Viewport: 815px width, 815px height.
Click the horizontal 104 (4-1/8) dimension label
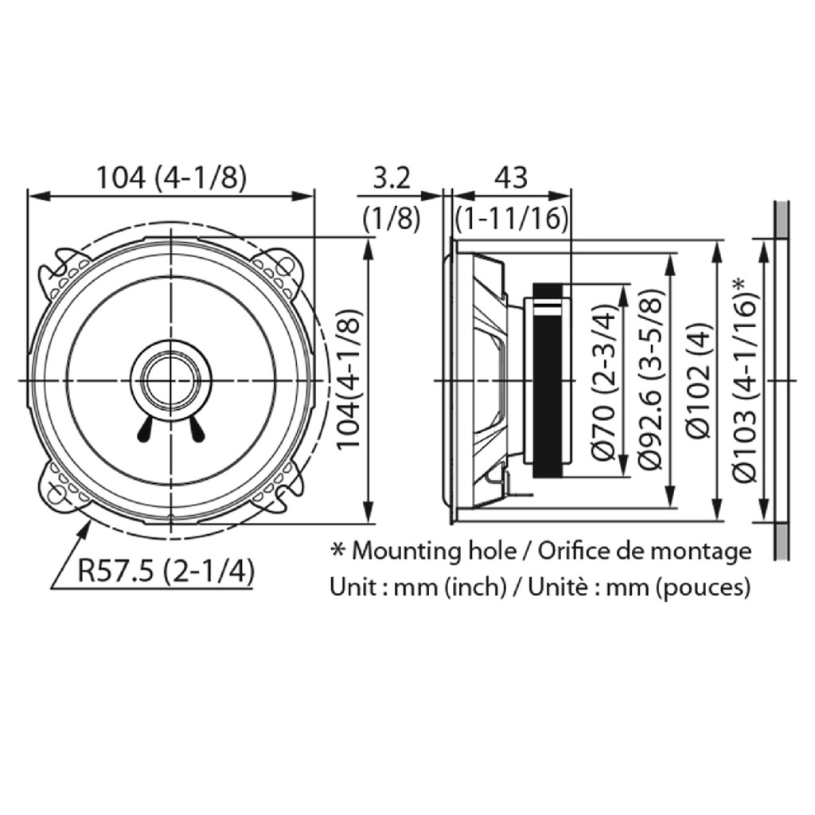170,177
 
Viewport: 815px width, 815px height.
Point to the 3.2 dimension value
391,177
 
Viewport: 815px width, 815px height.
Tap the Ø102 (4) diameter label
698,381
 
